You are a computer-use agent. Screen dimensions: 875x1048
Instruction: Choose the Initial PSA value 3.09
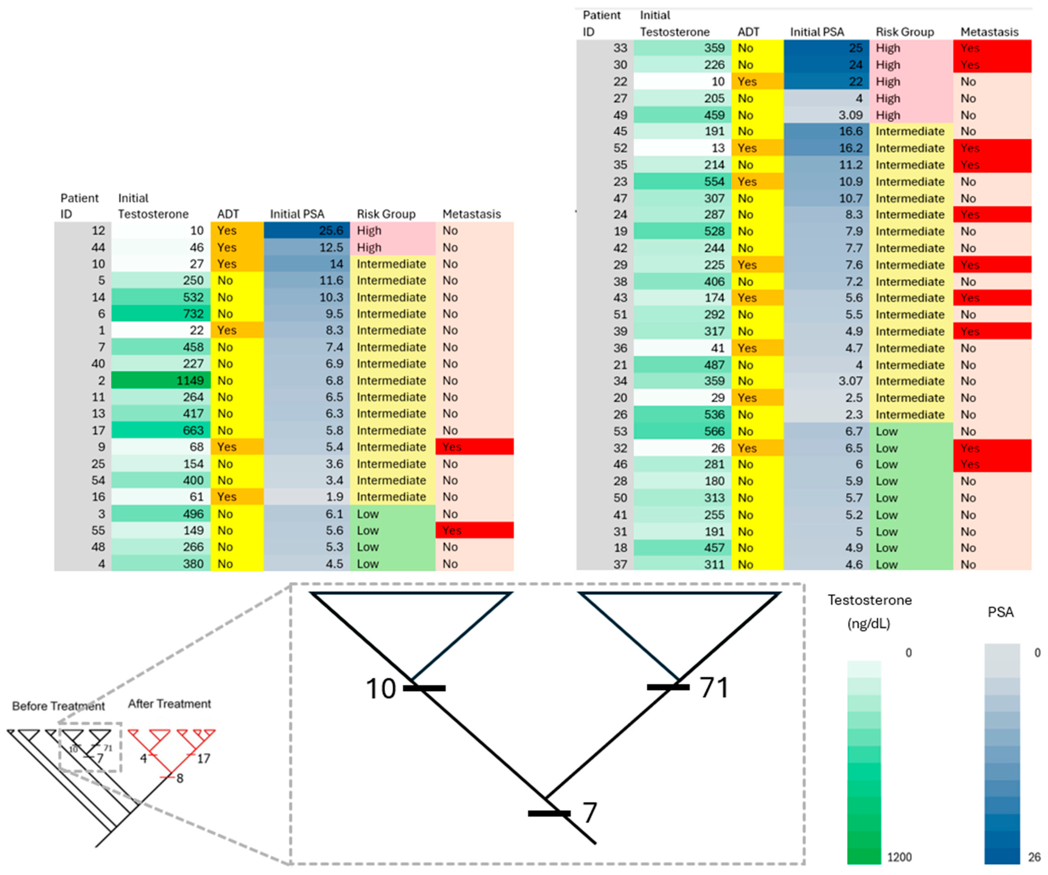850,115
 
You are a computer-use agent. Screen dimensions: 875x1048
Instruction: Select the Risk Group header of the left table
386,214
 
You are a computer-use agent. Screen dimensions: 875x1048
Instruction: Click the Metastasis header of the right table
989,32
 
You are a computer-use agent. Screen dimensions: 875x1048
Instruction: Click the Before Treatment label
58,706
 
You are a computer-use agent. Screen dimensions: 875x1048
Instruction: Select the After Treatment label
169,704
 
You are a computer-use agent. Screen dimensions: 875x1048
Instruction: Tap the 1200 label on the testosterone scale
899,857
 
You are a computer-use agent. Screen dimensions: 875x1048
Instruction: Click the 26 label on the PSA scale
1034,857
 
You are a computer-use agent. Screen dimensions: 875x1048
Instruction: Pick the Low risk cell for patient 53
887,431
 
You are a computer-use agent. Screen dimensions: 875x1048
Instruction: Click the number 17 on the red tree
203,759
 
